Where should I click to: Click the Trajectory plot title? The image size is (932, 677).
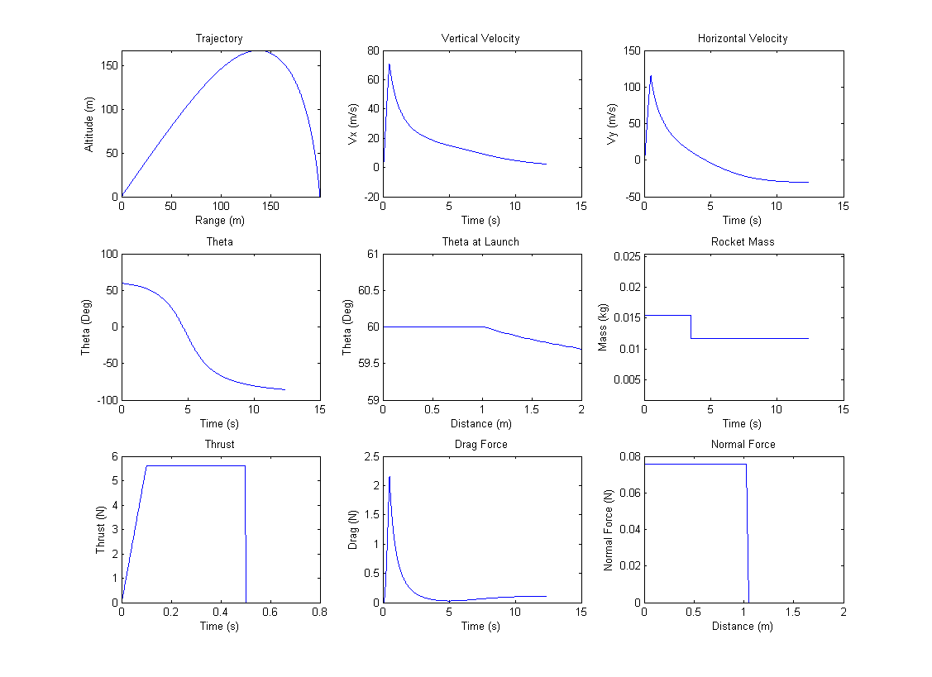click(x=219, y=39)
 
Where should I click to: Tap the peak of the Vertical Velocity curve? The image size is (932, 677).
click(x=389, y=64)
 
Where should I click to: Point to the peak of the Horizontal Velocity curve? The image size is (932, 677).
click(x=651, y=76)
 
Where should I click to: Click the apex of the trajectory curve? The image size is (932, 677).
click(x=258, y=51)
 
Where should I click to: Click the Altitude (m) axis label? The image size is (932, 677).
click(x=89, y=124)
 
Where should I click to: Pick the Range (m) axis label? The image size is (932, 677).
click(x=220, y=221)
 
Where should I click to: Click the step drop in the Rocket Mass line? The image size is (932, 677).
click(x=691, y=327)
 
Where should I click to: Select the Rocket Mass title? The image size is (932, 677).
click(x=743, y=242)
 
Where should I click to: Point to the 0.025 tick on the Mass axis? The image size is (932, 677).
click(x=624, y=256)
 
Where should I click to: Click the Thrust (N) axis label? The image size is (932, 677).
click(x=101, y=529)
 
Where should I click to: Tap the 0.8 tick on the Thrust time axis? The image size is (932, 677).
click(x=320, y=613)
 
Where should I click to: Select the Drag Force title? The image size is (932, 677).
click(x=481, y=445)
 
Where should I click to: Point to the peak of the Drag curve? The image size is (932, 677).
click(x=390, y=476)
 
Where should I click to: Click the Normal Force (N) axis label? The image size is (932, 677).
click(x=608, y=529)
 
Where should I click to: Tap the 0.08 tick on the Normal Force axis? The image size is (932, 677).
click(x=628, y=456)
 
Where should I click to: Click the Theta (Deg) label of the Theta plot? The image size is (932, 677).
click(x=87, y=327)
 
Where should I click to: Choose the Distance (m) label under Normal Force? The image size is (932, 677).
click(x=743, y=626)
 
